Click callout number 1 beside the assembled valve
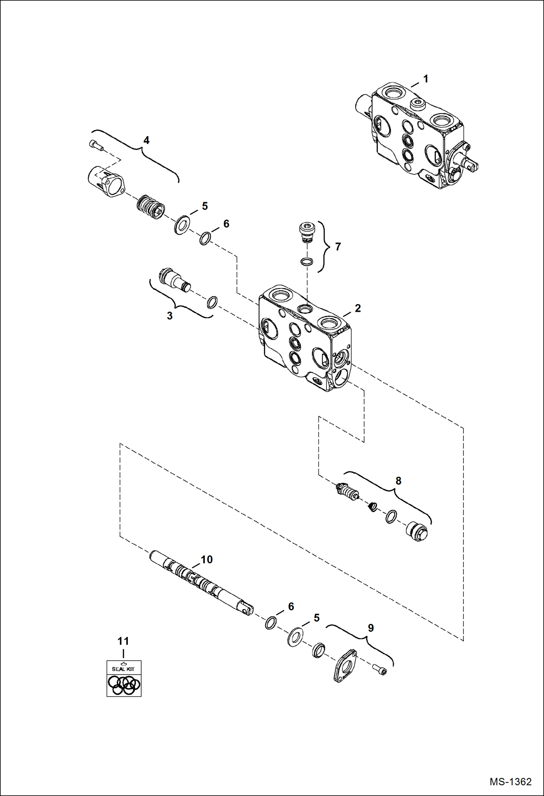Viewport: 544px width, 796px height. pyautogui.click(x=426, y=79)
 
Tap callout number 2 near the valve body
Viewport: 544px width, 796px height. pyautogui.click(x=358, y=308)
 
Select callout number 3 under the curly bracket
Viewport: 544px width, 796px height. pyautogui.click(x=170, y=316)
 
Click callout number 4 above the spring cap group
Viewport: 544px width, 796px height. pyautogui.click(x=146, y=140)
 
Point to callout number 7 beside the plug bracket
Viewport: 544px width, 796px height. pyautogui.click(x=338, y=247)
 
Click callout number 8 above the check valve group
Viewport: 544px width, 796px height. pyautogui.click(x=398, y=481)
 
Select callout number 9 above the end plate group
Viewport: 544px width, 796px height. pyautogui.click(x=371, y=628)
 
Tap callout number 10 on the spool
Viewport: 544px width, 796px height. pyautogui.click(x=207, y=560)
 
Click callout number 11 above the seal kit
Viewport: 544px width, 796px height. pyautogui.click(x=123, y=641)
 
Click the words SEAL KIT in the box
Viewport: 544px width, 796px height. pyautogui.click(x=123, y=669)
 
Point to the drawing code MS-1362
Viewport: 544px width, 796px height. pyautogui.click(x=510, y=782)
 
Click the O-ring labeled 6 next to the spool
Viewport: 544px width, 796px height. pyautogui.click(x=271, y=623)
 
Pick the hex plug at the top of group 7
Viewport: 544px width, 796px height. pyautogui.click(x=307, y=232)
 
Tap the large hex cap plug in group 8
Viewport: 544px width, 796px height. pyautogui.click(x=417, y=531)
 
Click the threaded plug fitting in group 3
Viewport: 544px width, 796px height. pyautogui.click(x=174, y=279)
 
